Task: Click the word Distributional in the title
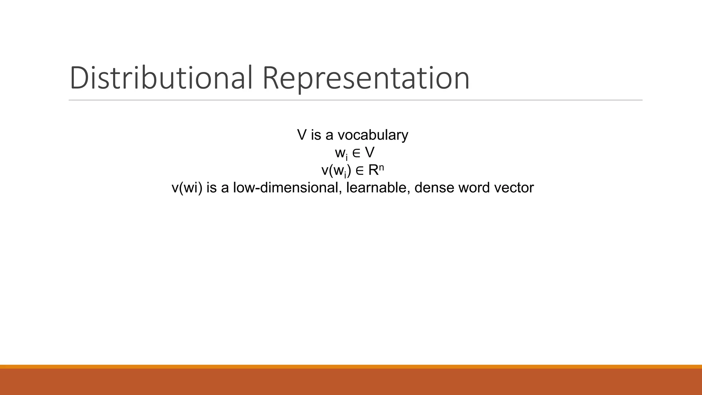pos(161,78)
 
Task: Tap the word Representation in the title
pos(366,78)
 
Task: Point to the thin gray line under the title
pos(355,100)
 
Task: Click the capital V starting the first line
pos(302,135)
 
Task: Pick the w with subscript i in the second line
pos(341,153)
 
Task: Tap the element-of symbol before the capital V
pos(356,153)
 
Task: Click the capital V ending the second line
pos(370,153)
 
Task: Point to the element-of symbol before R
pos(360,171)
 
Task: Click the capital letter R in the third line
pos(373,170)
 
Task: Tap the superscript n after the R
pos(382,167)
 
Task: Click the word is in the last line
pos(211,188)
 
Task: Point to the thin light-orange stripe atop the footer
pos(351,367)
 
